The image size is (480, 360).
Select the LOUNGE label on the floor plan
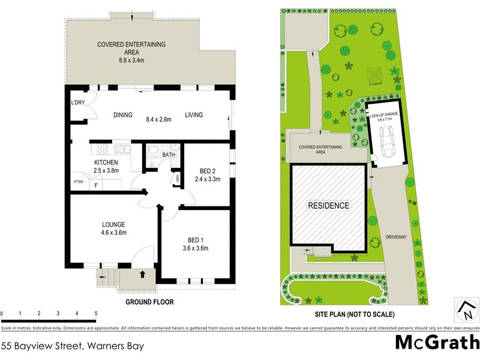[x=113, y=224]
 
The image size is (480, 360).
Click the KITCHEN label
[x=106, y=162]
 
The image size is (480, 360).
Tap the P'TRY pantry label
[x=79, y=182]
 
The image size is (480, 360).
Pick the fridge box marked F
[x=95, y=185]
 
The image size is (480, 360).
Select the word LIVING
[x=194, y=115]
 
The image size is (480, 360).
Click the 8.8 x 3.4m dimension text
[x=131, y=61]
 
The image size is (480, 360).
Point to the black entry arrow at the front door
[x=142, y=275]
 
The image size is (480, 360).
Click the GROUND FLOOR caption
[x=149, y=302]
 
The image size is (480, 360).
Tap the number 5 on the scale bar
[x=96, y=314]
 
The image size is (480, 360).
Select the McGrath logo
[x=437, y=342]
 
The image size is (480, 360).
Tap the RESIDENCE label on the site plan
[x=328, y=205]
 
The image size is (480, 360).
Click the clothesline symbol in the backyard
[x=376, y=76]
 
